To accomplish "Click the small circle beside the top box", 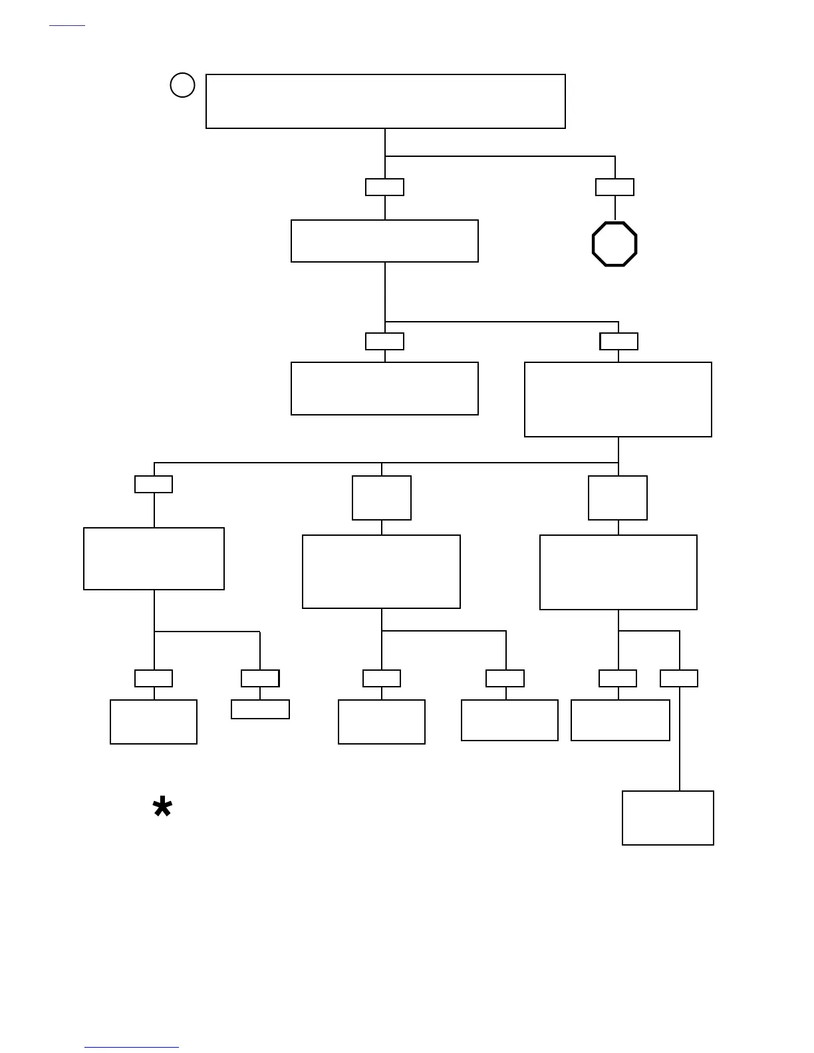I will coord(182,85).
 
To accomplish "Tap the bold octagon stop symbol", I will coord(614,244).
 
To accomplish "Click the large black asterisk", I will coord(162,808).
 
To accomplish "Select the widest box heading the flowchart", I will coord(385,101).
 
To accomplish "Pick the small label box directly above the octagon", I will coord(614,187).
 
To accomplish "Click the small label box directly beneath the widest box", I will coord(384,187).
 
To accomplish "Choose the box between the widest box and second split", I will coord(384,241).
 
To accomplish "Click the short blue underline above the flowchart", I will coord(67,26).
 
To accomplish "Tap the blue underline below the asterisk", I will coord(132,1048).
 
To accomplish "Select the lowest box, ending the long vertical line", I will coord(668,818).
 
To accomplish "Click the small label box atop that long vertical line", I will coord(679,678).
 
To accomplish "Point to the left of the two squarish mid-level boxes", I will coord(382,498).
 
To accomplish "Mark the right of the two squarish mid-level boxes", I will coord(618,498).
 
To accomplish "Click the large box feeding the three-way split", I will coord(618,400).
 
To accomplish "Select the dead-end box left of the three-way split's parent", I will coord(384,388).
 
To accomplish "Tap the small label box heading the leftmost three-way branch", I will coord(154,484).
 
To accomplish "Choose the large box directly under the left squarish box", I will coord(381,572).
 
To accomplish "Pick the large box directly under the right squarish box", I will coord(618,572).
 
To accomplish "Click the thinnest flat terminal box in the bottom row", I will coord(260,709).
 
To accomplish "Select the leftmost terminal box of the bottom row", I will coord(154,721).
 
